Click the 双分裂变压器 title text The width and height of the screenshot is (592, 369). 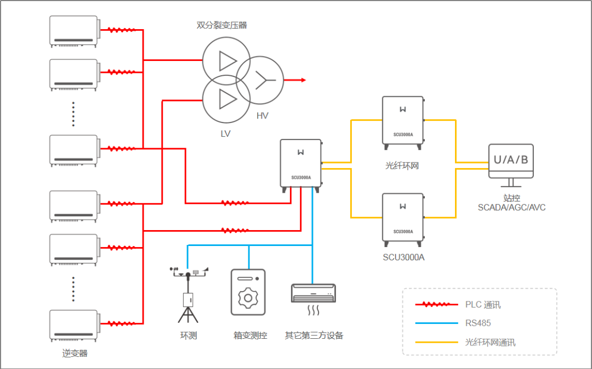[222, 25]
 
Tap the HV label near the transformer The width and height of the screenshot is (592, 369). [263, 116]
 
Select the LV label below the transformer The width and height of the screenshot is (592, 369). [226, 134]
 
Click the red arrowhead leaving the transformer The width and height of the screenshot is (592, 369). [303, 80]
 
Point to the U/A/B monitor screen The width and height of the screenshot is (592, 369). [511, 160]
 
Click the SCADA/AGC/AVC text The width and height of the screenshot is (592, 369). [511, 208]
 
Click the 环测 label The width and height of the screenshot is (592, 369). [189, 335]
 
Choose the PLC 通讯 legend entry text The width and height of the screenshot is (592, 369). [483, 304]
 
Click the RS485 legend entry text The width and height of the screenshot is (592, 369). [478, 323]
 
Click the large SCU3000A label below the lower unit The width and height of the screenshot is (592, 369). [403, 257]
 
